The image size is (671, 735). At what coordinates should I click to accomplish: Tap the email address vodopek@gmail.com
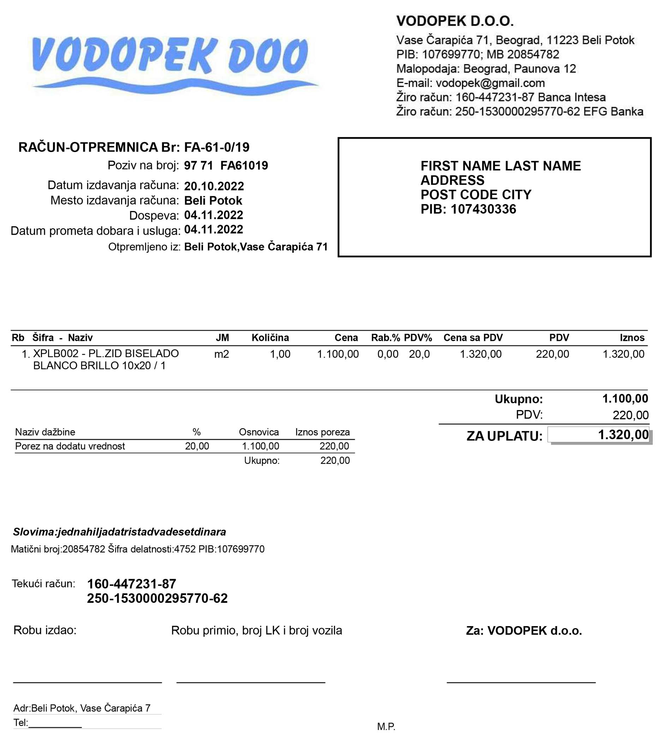[490, 83]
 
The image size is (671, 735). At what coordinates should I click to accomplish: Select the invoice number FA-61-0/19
[217, 147]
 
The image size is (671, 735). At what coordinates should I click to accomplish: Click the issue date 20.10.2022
[214, 186]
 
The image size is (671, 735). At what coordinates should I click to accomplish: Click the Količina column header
[270, 338]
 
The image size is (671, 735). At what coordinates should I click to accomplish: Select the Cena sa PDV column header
[473, 338]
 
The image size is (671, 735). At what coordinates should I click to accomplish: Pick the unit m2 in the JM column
[221, 354]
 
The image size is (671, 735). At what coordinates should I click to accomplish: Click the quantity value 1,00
[280, 354]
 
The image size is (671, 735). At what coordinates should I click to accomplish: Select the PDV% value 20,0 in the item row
[419, 354]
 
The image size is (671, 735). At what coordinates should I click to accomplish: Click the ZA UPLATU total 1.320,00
[623, 434]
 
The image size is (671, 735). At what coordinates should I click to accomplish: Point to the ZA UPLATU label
[504, 436]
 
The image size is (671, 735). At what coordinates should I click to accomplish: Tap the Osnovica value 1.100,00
[261, 446]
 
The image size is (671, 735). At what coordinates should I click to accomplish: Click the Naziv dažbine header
[45, 432]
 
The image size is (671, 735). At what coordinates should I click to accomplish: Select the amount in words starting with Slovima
[119, 532]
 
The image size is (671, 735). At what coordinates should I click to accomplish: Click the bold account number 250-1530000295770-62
[157, 598]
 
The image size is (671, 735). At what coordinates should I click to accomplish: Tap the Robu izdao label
[45, 630]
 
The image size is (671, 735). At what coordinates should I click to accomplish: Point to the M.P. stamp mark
[386, 727]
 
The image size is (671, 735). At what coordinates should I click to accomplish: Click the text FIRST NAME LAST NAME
[500, 166]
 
